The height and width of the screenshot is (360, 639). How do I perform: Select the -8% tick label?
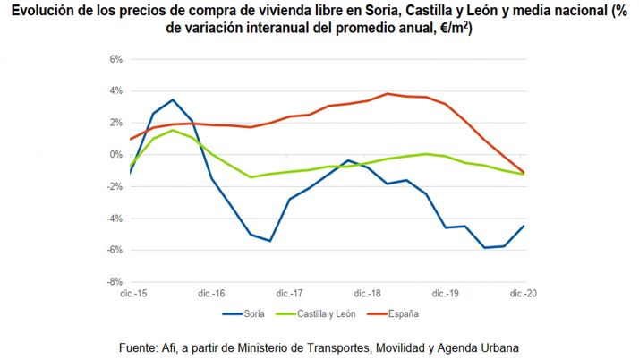click(113, 281)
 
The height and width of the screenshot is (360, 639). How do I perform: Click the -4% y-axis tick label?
click(113, 218)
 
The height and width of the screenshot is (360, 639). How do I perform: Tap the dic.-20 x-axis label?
click(524, 293)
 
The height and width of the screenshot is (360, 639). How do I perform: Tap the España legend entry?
click(403, 313)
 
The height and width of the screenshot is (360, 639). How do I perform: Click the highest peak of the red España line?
click(388, 93)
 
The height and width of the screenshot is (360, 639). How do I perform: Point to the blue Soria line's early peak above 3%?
click(173, 99)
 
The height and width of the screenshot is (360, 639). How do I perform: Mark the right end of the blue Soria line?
click(524, 226)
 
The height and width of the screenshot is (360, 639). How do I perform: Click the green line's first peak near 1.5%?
click(173, 131)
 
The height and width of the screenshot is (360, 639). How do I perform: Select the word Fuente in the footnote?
click(140, 346)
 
